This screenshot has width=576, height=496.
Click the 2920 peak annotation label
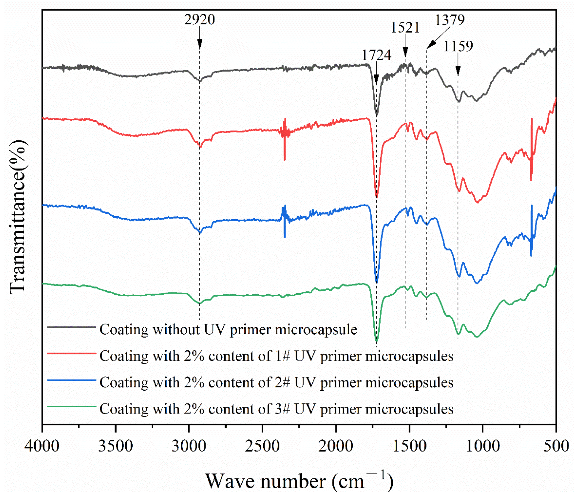(199, 20)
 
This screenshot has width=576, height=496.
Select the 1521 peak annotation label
(405, 28)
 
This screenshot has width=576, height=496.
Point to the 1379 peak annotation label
(450, 20)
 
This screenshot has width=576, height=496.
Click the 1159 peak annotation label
(458, 46)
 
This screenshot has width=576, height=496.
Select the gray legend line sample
(72, 327)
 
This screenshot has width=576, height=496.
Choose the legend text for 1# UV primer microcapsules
(276, 356)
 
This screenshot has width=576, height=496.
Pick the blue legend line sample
(72, 380)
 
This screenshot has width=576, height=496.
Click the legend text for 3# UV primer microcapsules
(276, 409)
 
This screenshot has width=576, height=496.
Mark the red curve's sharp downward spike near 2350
(285, 158)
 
